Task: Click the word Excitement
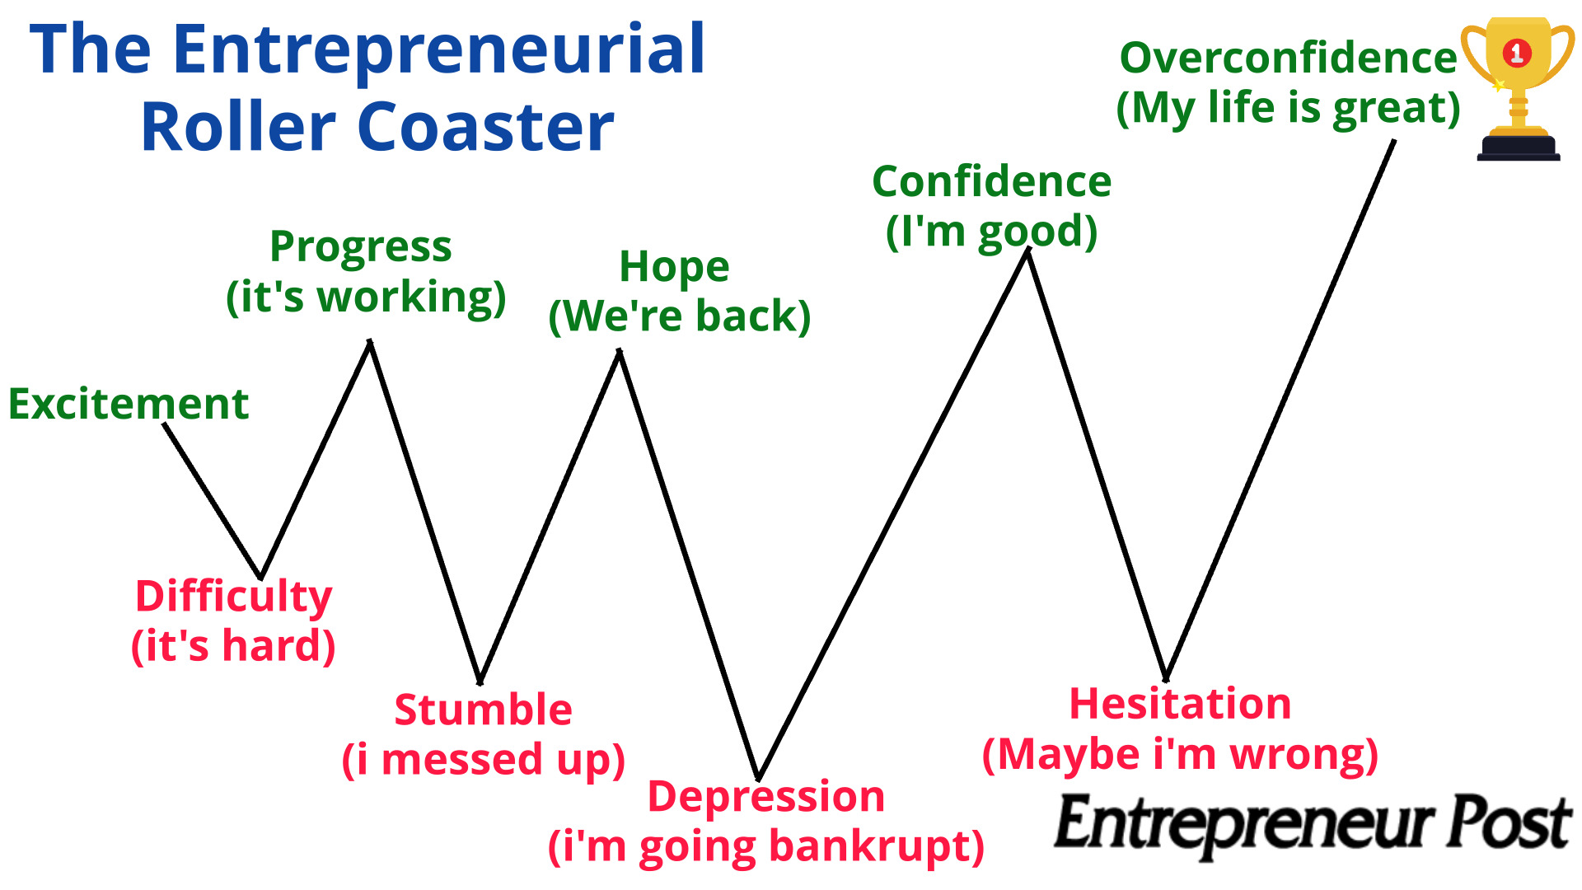pyautogui.click(x=129, y=404)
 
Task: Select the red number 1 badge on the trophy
pyautogui.click(x=1517, y=54)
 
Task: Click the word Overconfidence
pyautogui.click(x=1288, y=58)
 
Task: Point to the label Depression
pyautogui.click(x=766, y=797)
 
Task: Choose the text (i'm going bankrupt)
pyautogui.click(x=766, y=846)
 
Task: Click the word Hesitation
pyautogui.click(x=1180, y=704)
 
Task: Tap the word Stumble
pyautogui.click(x=483, y=710)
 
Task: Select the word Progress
pyautogui.click(x=361, y=247)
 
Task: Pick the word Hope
pyautogui.click(x=674, y=267)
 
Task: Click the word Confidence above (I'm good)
pyautogui.click(x=992, y=181)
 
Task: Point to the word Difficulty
pyautogui.click(x=234, y=597)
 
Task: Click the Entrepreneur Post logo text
pyautogui.click(x=1313, y=823)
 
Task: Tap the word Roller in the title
pyautogui.click(x=236, y=128)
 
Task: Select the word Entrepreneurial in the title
pyautogui.click(x=438, y=49)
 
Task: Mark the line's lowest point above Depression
pyautogui.click(x=759, y=777)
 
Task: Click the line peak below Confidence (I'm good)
pyautogui.click(x=1027, y=251)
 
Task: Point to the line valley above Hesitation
pyautogui.click(x=1166, y=678)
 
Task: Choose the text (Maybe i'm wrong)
pyautogui.click(x=1180, y=754)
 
